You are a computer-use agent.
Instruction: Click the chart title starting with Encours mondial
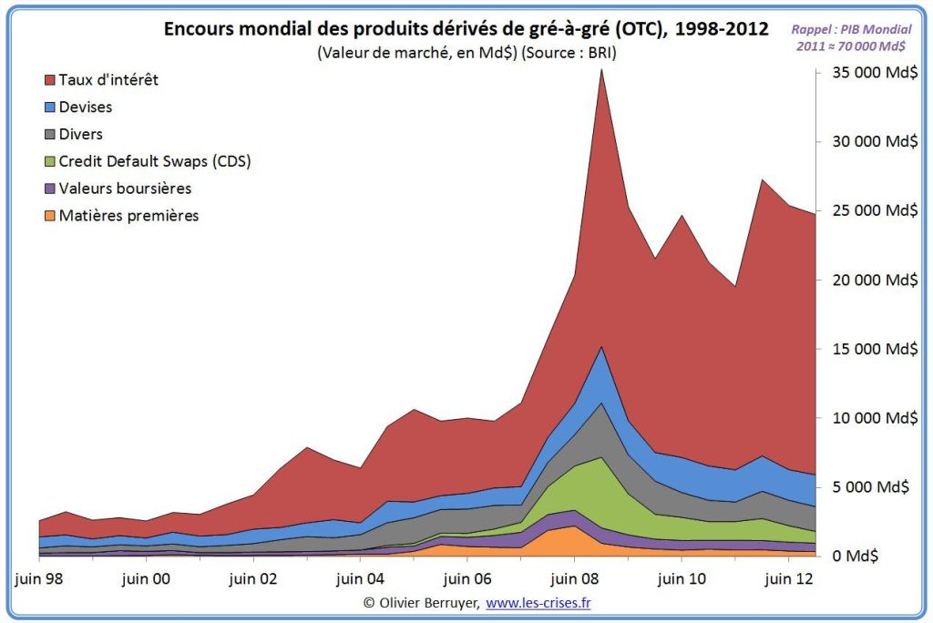point(466,29)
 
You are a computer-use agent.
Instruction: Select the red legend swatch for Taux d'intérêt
point(49,80)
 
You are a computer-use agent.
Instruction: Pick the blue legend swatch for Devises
point(49,107)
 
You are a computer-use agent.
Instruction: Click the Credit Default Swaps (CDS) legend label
point(154,161)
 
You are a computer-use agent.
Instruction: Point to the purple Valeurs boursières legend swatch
point(49,189)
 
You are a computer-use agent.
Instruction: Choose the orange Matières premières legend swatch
point(49,216)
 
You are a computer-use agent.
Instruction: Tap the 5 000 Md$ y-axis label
point(875,486)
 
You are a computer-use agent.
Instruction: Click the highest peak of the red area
point(601,71)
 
